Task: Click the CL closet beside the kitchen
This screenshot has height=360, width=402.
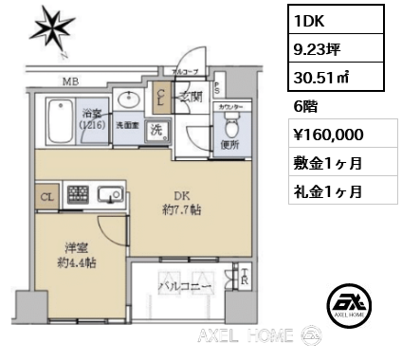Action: [x=46, y=197]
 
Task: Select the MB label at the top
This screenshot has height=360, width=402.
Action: [x=70, y=81]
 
